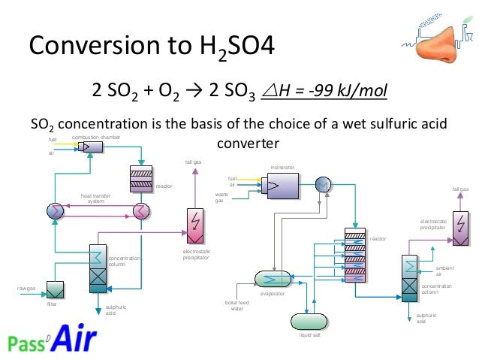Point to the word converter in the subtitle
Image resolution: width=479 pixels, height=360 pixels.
(248, 143)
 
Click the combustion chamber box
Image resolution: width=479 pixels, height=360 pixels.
(92, 147)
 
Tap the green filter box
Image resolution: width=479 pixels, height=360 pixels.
(56, 289)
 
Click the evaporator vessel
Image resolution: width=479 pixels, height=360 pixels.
(276, 278)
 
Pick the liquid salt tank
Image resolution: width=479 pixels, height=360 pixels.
(309, 321)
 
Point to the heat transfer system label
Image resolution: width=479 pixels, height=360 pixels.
(95, 198)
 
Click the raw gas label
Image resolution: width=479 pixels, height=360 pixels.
(27, 288)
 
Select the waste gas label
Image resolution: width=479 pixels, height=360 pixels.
(219, 197)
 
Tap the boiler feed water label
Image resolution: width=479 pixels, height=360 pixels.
(237, 305)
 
